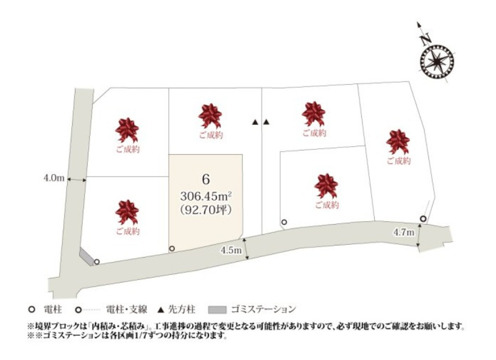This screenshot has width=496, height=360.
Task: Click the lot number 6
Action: click(205, 179)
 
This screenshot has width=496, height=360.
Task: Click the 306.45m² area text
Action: click(205, 196)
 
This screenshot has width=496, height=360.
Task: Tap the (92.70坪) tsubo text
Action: click(205, 209)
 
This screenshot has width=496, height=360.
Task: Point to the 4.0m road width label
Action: click(54, 178)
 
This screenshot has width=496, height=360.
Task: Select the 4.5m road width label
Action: click(232, 250)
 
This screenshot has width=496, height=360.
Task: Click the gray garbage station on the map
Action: click(87, 256)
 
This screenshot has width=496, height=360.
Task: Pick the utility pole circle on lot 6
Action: click(172, 248)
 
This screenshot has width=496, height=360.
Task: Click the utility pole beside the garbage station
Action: click(96, 261)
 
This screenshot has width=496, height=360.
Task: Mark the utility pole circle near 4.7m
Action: click(423, 219)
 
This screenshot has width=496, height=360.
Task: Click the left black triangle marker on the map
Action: click(255, 122)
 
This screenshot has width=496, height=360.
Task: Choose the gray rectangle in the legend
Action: click(216, 308)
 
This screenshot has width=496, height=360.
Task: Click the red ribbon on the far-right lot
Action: click(397, 141)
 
